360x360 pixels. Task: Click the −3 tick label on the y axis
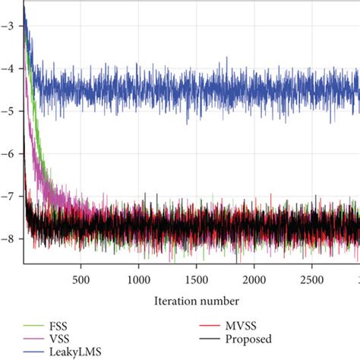point(9,25)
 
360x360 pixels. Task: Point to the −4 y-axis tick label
point(9,68)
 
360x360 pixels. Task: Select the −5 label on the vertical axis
point(9,110)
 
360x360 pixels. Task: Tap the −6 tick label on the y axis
point(9,153)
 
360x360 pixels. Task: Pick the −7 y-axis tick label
point(9,196)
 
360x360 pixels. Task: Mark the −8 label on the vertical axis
point(9,238)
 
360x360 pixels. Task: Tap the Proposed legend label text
point(248,339)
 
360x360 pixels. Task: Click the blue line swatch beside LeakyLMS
point(32,352)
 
